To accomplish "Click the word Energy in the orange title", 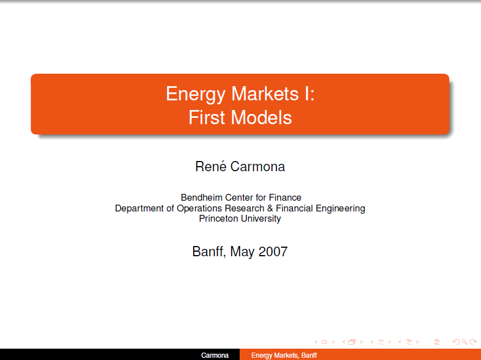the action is point(195,95).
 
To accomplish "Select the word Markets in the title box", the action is point(265,94).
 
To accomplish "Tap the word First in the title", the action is point(207,117).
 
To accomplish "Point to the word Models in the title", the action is point(261,117).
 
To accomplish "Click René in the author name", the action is point(211,166).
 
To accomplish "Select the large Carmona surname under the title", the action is point(258,167).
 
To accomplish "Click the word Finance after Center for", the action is point(285,197).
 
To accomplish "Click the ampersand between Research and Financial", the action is point(270,209).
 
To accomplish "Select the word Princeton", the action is point(219,218).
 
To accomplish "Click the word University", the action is point(261,219).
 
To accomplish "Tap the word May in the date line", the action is point(242,252).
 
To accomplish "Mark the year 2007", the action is point(273,252).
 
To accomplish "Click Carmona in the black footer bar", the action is point(215,355).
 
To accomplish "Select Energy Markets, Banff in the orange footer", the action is point(284,355).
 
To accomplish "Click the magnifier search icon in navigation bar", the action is point(465,342).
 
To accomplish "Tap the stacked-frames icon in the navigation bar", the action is point(352,342).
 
